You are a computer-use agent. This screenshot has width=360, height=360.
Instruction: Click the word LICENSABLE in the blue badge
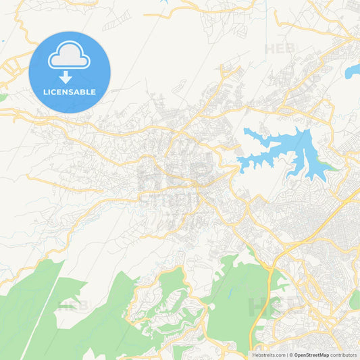pos(70,92)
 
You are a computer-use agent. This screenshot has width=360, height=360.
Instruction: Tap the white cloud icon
pos(69,59)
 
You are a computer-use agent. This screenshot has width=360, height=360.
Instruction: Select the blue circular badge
pos(70,72)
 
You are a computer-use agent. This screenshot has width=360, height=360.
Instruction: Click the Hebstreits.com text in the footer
pos(268,355)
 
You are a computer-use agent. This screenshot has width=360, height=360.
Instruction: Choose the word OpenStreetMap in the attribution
pos(311,355)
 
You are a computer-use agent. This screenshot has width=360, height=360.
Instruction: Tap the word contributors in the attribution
pos(343,355)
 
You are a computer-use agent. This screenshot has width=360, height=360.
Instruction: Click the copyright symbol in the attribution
pos(290,355)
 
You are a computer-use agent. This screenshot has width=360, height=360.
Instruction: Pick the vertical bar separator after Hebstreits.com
pos(286,355)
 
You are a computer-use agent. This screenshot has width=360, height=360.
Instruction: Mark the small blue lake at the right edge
pos(353,70)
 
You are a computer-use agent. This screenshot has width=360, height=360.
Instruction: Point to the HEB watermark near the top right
pos(280,49)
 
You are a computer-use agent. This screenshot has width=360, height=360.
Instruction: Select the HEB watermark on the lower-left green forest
pos(73,305)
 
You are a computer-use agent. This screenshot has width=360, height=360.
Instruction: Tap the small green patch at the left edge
pos(3,97)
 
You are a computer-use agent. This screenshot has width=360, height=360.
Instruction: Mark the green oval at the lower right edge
pos(355,300)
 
